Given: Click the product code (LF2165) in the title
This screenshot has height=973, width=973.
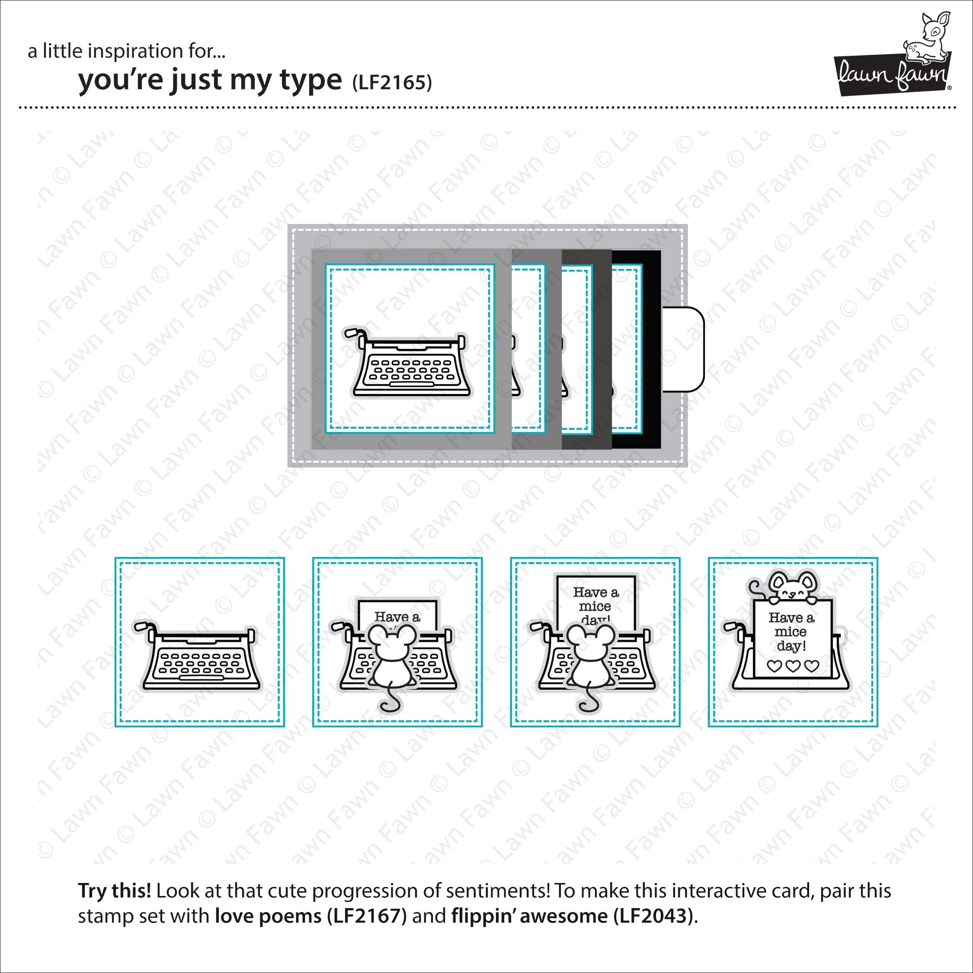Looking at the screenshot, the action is tap(392, 82).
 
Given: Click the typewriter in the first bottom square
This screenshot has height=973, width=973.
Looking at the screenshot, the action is tap(197, 655).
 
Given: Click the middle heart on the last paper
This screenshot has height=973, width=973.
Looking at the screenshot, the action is tap(792, 666).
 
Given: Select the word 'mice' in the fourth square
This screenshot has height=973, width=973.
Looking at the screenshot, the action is tap(790, 631).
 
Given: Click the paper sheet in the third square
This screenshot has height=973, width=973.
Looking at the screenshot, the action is tap(595, 602).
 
